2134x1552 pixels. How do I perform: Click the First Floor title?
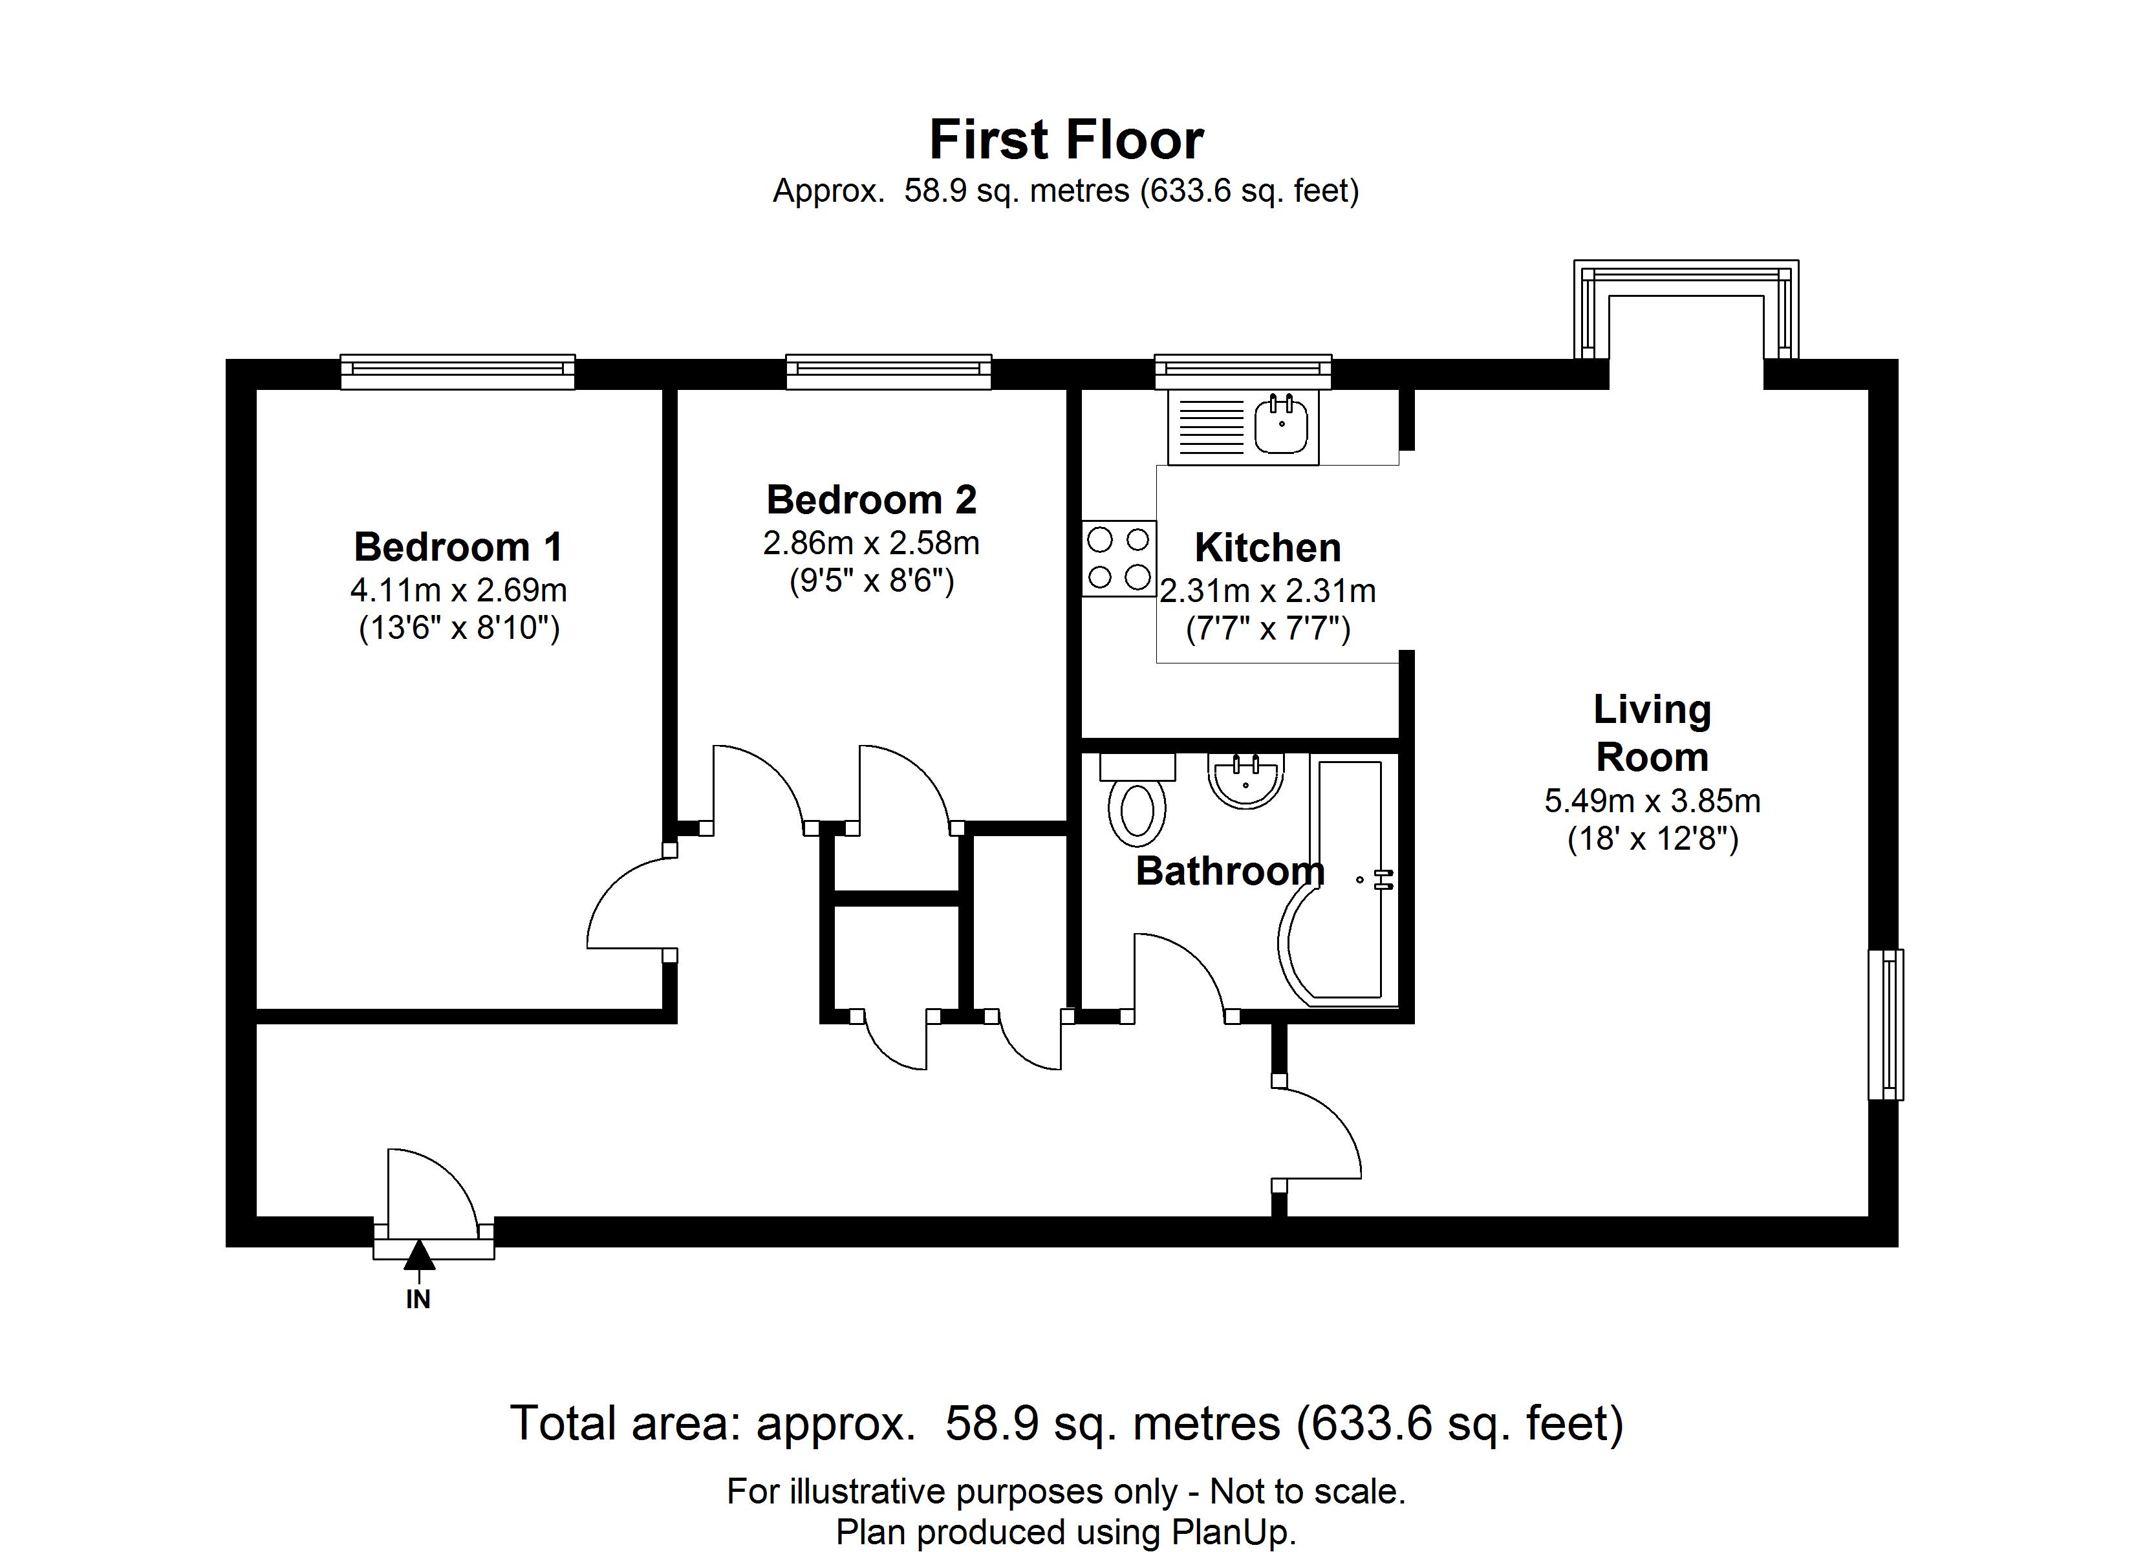pyautogui.click(x=1066, y=140)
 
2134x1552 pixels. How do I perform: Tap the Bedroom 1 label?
pyautogui.click(x=458, y=547)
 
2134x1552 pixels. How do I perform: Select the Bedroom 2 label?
pyautogui.click(x=871, y=500)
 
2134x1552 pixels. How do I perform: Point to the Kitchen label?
pyautogui.click(x=1267, y=548)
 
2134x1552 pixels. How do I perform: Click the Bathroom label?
pyautogui.click(x=1230, y=872)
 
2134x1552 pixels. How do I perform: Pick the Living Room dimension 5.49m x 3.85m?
pyautogui.click(x=1652, y=801)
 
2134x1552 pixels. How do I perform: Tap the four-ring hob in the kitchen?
pyautogui.click(x=1119, y=559)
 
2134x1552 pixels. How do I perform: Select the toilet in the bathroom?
pyautogui.click(x=1137, y=798)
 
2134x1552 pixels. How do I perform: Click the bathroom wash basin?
pyautogui.click(x=1245, y=781)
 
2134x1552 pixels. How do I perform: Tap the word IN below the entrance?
pyautogui.click(x=418, y=1300)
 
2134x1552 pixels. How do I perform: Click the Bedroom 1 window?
pyautogui.click(x=457, y=372)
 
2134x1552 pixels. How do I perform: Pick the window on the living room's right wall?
pyautogui.click(x=1886, y=1024)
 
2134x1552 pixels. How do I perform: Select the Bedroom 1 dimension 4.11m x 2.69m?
pyautogui.click(x=458, y=591)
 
